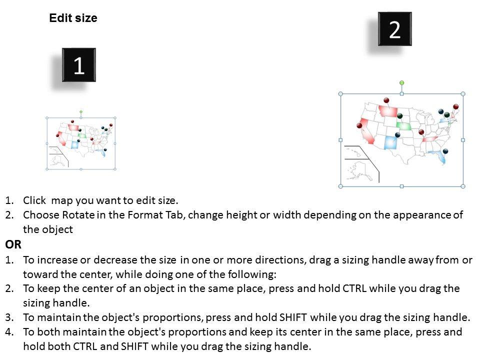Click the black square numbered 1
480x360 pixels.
coord(79,65)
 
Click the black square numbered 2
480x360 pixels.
coord(395,29)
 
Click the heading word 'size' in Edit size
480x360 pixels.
coord(87,18)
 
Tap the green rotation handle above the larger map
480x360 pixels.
coord(401,82)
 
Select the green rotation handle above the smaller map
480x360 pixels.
coord(81,112)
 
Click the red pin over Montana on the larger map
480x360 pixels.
coord(386,100)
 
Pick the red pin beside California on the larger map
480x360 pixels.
coord(359,125)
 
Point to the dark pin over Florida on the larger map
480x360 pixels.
coord(445,151)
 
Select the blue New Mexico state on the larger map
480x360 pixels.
coord(390,142)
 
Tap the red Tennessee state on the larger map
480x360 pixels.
coord(430,139)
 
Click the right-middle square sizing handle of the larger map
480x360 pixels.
coord(463,140)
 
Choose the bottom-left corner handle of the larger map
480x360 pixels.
coord(340,186)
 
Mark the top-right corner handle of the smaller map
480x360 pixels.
coord(115,118)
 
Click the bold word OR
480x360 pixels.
coord(13,244)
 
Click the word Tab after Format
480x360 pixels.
coord(175,215)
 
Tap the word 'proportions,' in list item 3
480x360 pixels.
coord(173,318)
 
